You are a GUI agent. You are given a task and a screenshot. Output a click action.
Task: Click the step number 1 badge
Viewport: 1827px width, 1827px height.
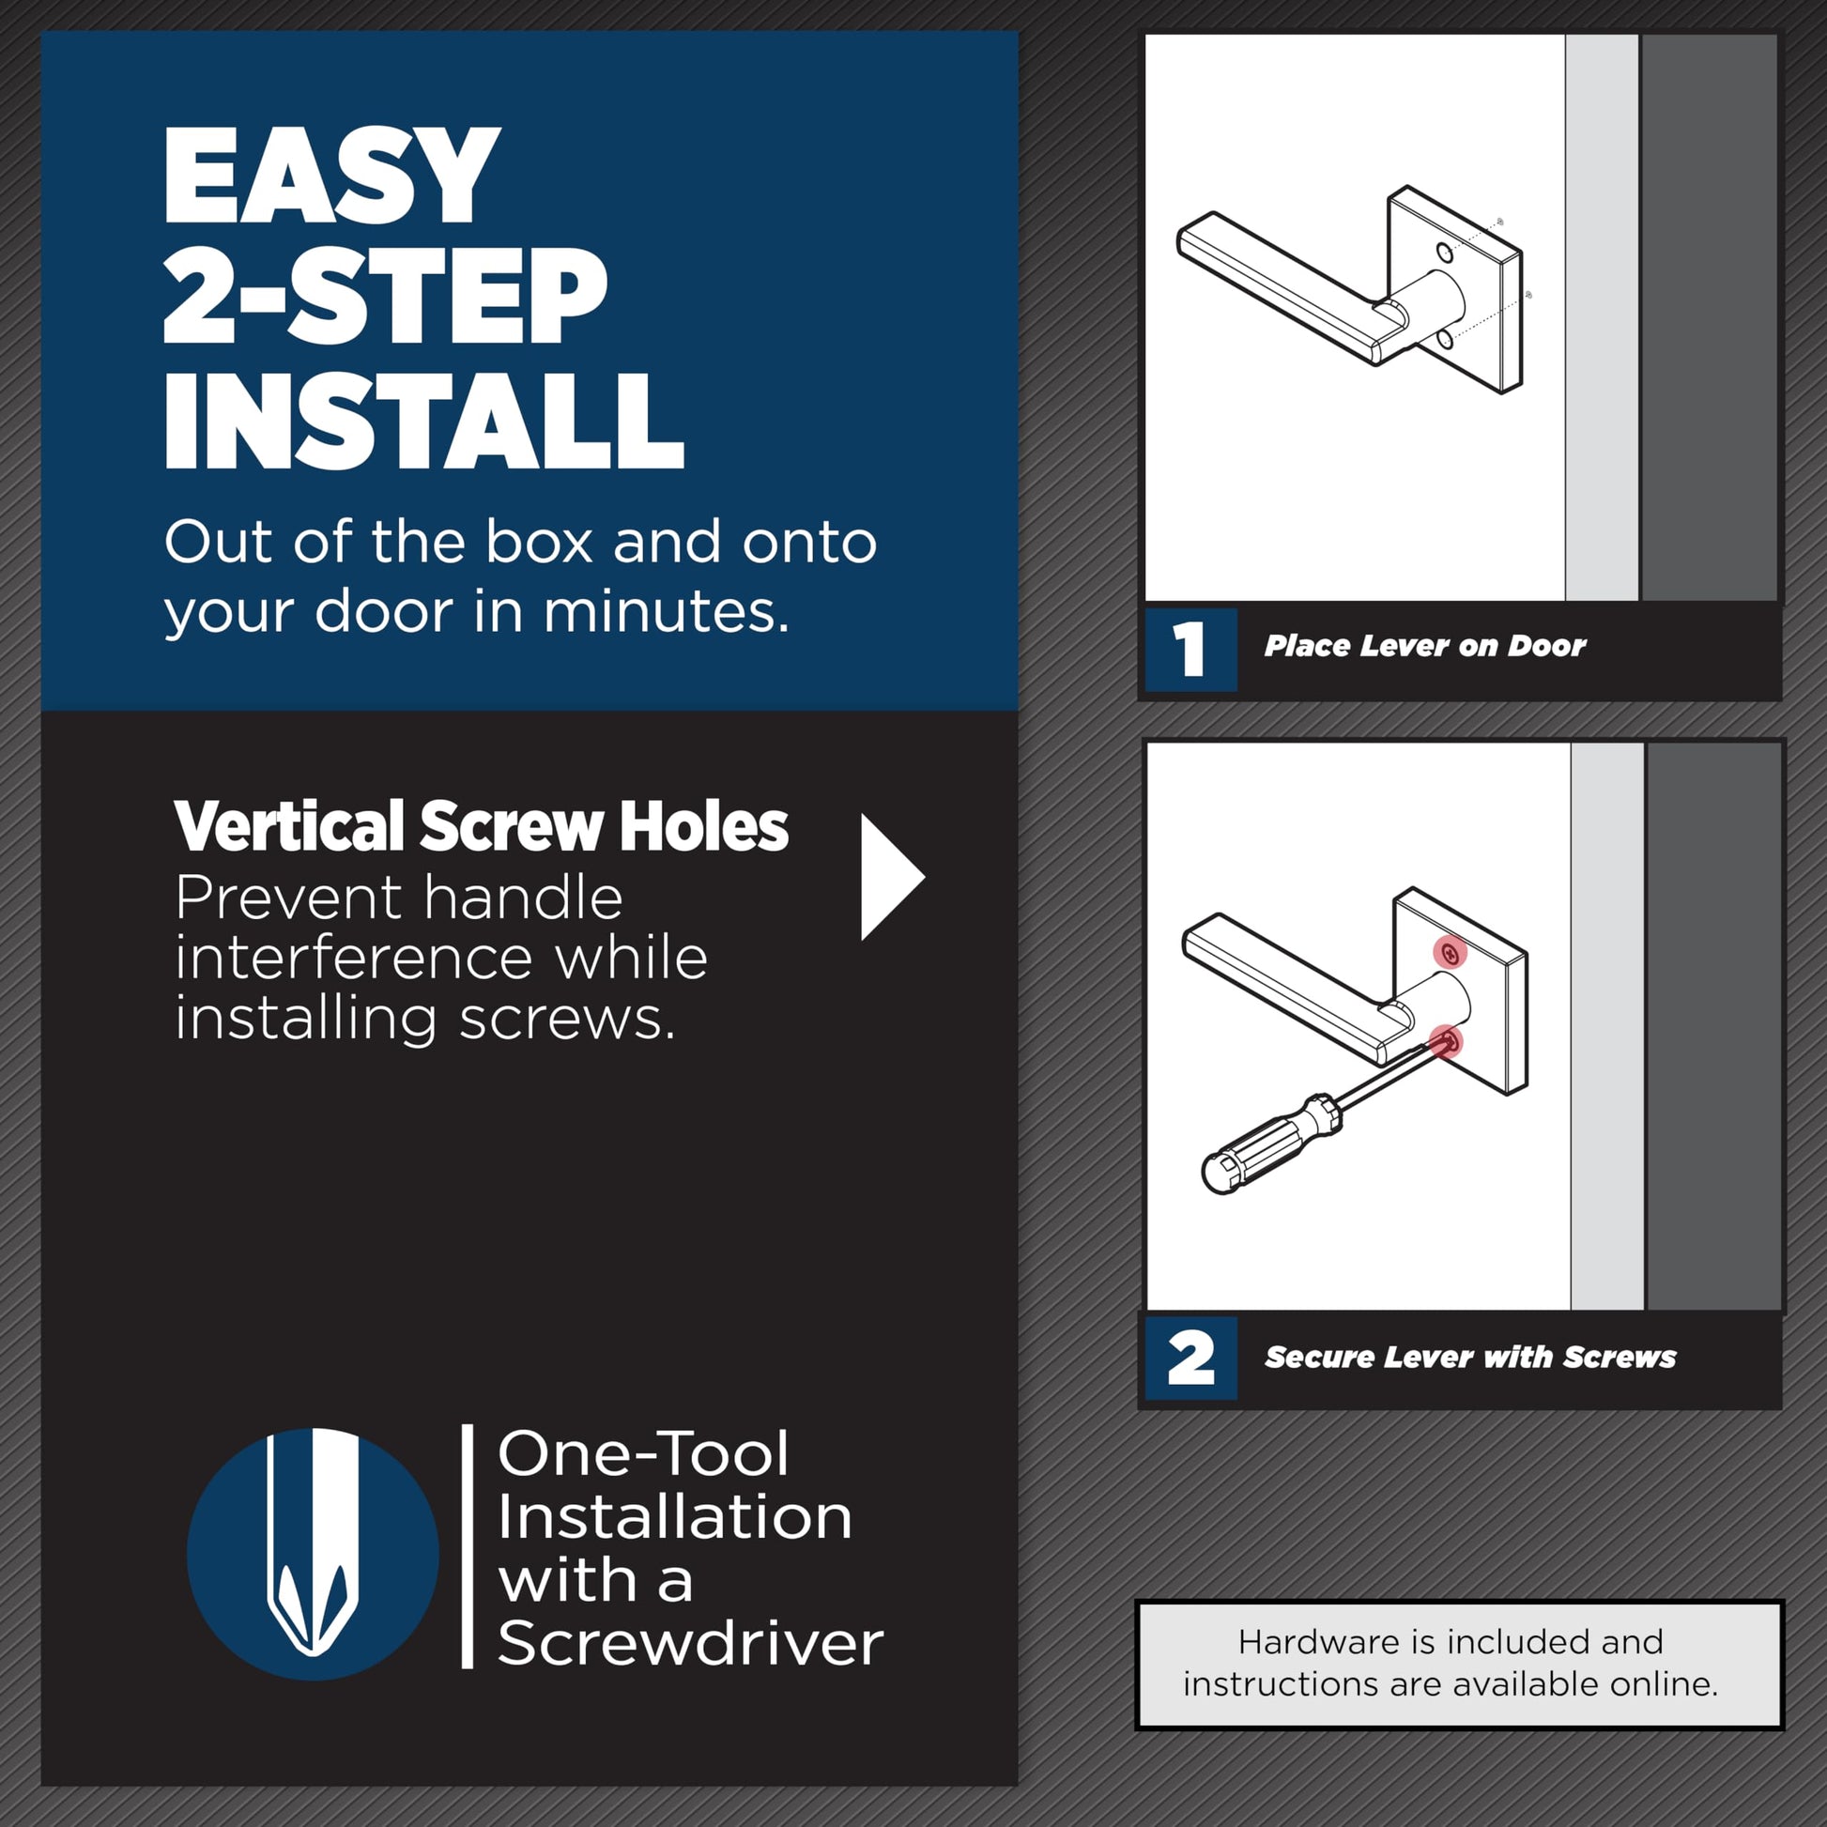coord(1190,649)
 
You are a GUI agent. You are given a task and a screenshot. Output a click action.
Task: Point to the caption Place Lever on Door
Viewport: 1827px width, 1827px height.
coord(1424,646)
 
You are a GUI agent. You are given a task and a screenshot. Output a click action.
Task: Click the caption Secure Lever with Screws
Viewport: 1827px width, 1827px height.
coord(1469,1357)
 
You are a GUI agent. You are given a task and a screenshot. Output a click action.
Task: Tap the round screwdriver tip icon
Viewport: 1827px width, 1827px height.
coord(313,1554)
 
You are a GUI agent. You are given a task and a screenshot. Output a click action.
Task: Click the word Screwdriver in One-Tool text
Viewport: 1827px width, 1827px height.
coord(689,1643)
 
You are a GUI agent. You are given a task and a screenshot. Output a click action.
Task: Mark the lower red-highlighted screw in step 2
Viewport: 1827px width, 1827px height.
coord(1446,1042)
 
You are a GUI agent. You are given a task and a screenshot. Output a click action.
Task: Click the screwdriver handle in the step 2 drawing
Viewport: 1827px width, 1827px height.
coord(1271,1145)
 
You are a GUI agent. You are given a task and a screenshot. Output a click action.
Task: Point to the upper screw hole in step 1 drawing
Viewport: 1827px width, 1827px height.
coord(1444,253)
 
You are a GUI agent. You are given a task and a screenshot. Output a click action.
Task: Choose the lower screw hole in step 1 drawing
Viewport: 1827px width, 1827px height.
coord(1443,340)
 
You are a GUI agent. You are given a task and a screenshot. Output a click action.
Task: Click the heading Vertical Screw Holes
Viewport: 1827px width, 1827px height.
coord(481,826)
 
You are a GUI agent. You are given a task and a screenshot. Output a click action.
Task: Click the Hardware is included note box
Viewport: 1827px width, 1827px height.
coord(1459,1664)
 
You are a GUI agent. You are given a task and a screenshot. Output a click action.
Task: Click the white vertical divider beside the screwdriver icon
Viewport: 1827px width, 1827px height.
coord(468,1546)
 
